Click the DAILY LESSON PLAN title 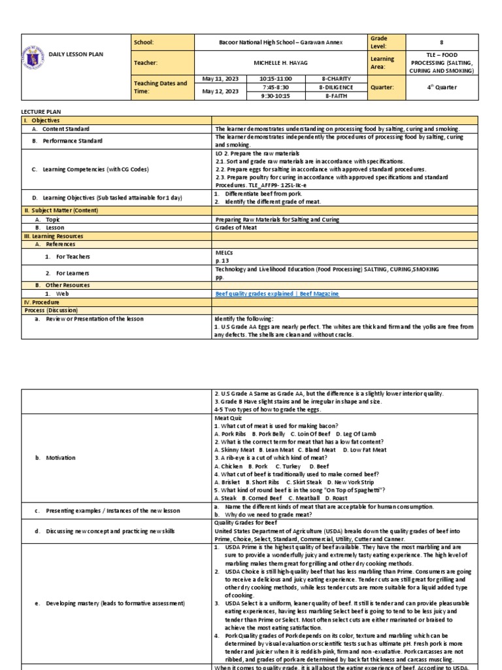tap(76, 54)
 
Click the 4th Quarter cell tap(441, 87)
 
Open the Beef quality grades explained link tap(277, 294)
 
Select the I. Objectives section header tap(41, 121)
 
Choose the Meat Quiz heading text tap(228, 417)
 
